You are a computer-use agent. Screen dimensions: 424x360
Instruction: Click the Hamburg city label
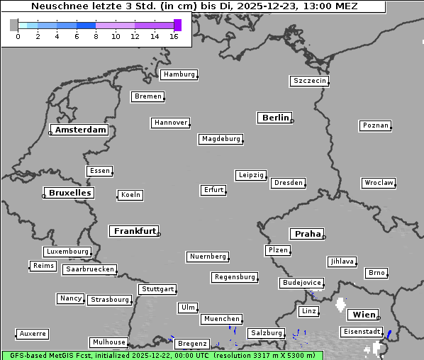pyautogui.click(x=178, y=74)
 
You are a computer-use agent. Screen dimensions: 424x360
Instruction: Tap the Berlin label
pyautogui.click(x=275, y=118)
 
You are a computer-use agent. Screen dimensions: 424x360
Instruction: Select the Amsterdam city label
pyautogui.click(x=80, y=130)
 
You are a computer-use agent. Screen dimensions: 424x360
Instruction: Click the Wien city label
pyautogui.click(x=364, y=315)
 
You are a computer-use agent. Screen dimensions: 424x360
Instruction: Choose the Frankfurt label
pyautogui.click(x=135, y=231)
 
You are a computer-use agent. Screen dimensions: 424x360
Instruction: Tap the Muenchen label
pyautogui.click(x=222, y=320)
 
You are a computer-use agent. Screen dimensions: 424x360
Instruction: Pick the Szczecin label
pyautogui.click(x=309, y=81)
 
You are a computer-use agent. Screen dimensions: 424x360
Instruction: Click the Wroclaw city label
pyautogui.click(x=379, y=183)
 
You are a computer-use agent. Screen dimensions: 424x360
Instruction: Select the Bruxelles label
pyautogui.click(x=69, y=193)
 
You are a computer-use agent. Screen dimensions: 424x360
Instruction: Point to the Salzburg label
pyautogui.click(x=266, y=333)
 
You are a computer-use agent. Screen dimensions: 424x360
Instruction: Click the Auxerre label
pyautogui.click(x=33, y=333)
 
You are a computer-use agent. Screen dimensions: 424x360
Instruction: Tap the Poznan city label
pyautogui.click(x=375, y=125)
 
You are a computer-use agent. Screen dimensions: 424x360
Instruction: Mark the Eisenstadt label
pyautogui.click(x=362, y=332)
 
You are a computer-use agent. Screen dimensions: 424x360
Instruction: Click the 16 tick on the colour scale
pyautogui.click(x=174, y=36)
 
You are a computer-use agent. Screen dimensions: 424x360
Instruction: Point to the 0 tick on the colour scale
pyautogui.click(x=18, y=36)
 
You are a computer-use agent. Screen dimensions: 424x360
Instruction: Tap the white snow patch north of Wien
pyautogui.click(x=341, y=306)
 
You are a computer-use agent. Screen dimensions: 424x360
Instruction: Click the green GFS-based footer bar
pyautogui.click(x=162, y=355)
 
